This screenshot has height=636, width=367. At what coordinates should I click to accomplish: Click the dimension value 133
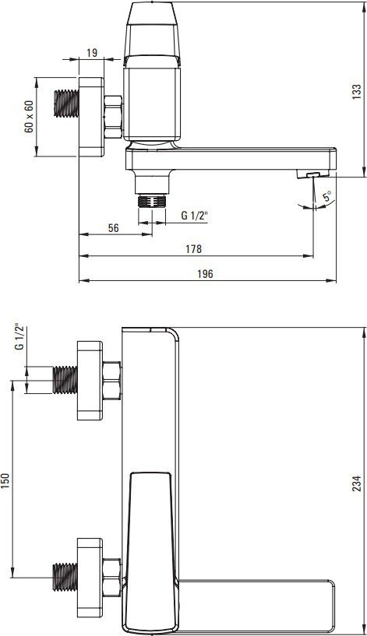point(356,92)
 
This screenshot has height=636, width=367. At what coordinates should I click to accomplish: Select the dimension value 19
point(92,52)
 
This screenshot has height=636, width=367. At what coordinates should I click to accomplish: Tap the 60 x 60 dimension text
point(28,117)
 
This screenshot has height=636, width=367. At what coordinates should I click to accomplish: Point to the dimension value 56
point(114,227)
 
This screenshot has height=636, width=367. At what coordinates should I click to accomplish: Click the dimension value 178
point(193,248)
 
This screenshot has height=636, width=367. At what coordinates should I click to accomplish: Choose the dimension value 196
point(205,274)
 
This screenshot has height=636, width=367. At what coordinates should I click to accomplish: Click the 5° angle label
point(327,197)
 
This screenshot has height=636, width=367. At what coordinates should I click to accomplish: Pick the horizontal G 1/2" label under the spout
point(194,216)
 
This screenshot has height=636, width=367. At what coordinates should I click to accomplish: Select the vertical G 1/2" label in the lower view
point(19,336)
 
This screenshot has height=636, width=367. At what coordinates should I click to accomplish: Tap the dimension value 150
point(5,481)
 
